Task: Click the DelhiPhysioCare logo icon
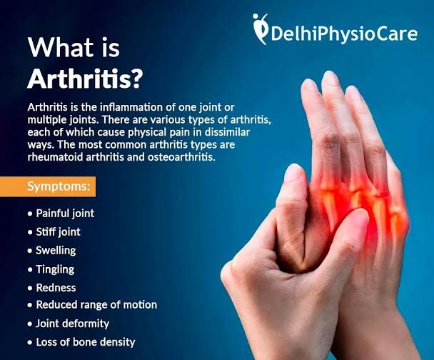coord(261,29)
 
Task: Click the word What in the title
coord(61,47)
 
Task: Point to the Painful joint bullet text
coord(65,214)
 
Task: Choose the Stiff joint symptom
coord(58,231)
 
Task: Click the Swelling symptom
coord(56,250)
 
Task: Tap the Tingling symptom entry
coord(55,269)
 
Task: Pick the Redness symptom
coord(56,288)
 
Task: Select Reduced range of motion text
coord(96,305)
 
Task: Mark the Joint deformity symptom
coord(73,324)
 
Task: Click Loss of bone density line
coord(86,342)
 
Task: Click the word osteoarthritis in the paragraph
coord(181,157)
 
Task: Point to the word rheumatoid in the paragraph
coord(56,157)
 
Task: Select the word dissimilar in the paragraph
coord(227,132)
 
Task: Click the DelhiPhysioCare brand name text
coord(344,34)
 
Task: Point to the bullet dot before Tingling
coord(30,269)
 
